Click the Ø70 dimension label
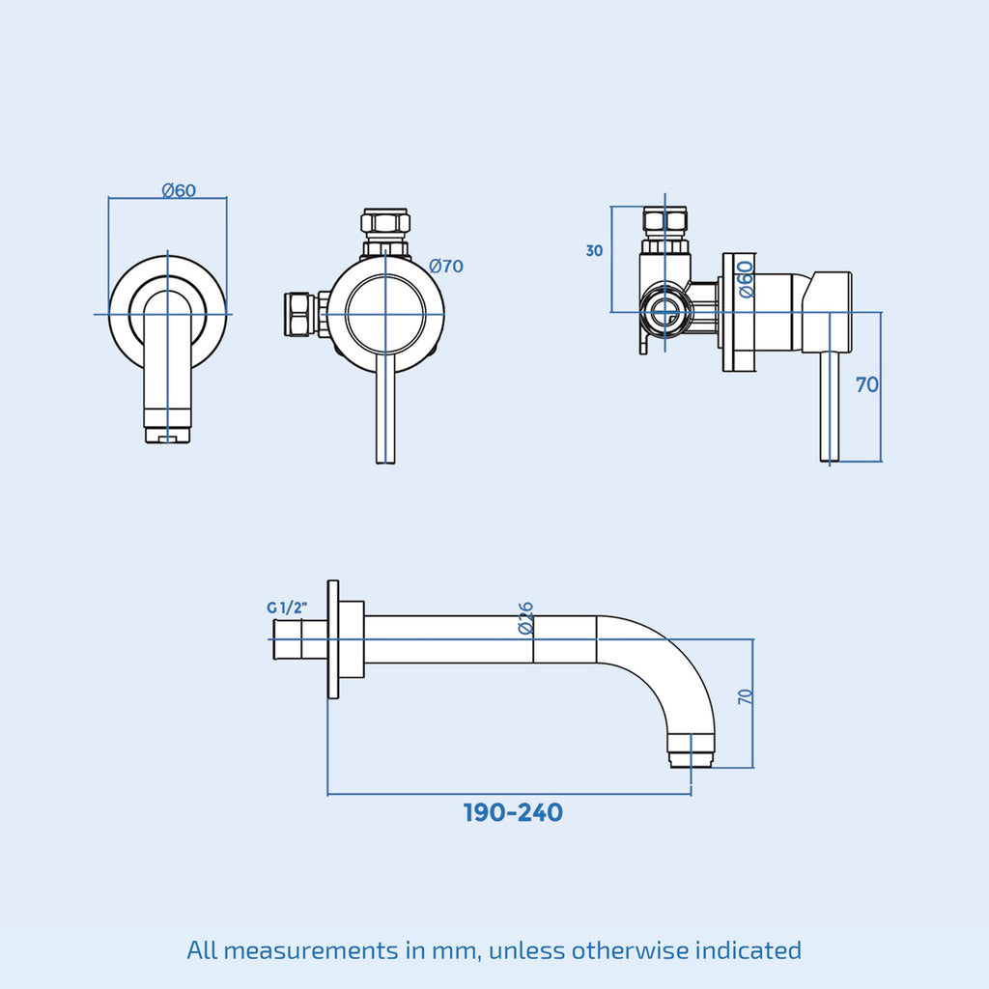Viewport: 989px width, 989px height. tap(446, 267)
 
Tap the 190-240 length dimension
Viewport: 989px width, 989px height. tap(513, 812)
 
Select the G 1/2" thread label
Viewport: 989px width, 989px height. tap(287, 608)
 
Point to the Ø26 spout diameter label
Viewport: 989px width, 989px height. tap(525, 618)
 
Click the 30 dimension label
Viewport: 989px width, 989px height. tap(594, 251)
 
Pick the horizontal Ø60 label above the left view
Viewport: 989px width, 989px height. tap(179, 190)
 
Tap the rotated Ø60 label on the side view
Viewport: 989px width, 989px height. tap(746, 279)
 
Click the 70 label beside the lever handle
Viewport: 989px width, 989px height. tap(867, 384)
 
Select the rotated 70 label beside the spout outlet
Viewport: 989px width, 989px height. tap(746, 697)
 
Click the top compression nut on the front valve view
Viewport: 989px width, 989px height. tap(385, 223)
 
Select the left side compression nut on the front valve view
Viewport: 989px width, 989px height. tap(299, 314)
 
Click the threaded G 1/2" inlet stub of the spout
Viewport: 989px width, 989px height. tap(300, 639)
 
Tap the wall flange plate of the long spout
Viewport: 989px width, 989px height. tap(333, 639)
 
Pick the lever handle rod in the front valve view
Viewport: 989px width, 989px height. tap(385, 409)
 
